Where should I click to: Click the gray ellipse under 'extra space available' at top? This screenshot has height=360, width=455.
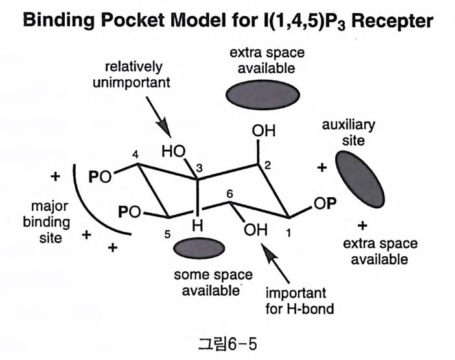(262, 95)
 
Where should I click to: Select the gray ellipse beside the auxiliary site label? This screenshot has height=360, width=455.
(356, 174)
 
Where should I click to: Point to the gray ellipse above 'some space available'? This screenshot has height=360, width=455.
(199, 248)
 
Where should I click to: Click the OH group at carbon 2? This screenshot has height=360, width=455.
(264, 131)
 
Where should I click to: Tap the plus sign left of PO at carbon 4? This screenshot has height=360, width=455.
(56, 176)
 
